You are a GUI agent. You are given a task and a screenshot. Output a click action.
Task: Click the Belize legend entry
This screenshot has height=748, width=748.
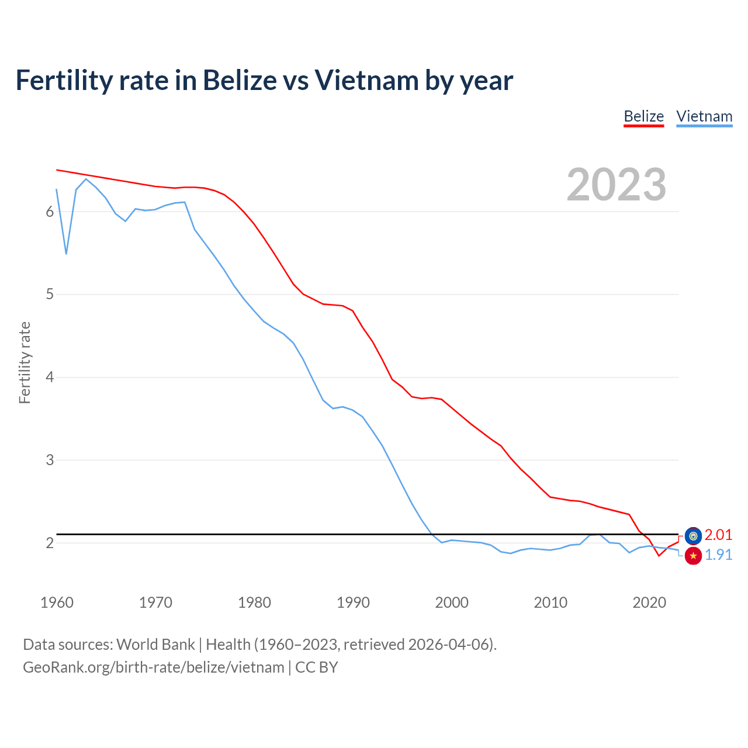(x=643, y=116)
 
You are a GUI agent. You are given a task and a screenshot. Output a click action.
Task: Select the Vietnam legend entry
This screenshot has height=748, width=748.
(x=704, y=116)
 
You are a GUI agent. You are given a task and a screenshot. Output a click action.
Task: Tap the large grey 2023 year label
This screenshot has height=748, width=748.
(x=617, y=185)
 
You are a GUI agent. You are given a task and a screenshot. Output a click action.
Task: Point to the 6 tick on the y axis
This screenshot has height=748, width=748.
(x=50, y=212)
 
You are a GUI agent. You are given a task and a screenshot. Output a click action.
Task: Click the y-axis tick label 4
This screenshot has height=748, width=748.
(x=50, y=377)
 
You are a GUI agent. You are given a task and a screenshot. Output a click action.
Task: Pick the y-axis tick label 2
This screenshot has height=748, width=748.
(x=50, y=543)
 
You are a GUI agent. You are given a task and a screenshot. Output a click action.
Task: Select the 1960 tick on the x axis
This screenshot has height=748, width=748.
(x=57, y=602)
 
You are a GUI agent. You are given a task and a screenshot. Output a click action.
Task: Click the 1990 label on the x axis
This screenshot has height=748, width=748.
(x=353, y=602)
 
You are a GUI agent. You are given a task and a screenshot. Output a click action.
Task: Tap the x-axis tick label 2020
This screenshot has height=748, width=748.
(x=649, y=602)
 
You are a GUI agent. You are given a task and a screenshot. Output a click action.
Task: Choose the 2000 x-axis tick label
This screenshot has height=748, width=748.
(x=452, y=602)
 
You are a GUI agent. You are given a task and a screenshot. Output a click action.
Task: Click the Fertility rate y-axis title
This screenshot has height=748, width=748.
(x=25, y=362)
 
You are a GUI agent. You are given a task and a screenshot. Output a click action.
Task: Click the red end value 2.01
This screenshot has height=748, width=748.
(x=718, y=535)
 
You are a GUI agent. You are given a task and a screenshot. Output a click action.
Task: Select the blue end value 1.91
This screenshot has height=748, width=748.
(x=718, y=555)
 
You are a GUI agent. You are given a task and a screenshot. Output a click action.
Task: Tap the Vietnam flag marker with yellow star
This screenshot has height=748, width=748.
(x=693, y=556)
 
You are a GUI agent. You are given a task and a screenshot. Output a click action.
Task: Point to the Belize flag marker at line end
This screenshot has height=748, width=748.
(x=693, y=535)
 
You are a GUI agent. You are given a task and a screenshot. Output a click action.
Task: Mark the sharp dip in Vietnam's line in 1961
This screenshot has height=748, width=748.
(x=66, y=254)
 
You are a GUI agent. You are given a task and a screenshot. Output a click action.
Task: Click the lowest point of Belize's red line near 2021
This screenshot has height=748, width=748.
(x=659, y=556)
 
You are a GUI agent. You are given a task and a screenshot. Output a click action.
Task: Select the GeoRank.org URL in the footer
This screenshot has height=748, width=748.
(x=153, y=667)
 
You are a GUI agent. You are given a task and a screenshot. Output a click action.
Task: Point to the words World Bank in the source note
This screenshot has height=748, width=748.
(x=155, y=644)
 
